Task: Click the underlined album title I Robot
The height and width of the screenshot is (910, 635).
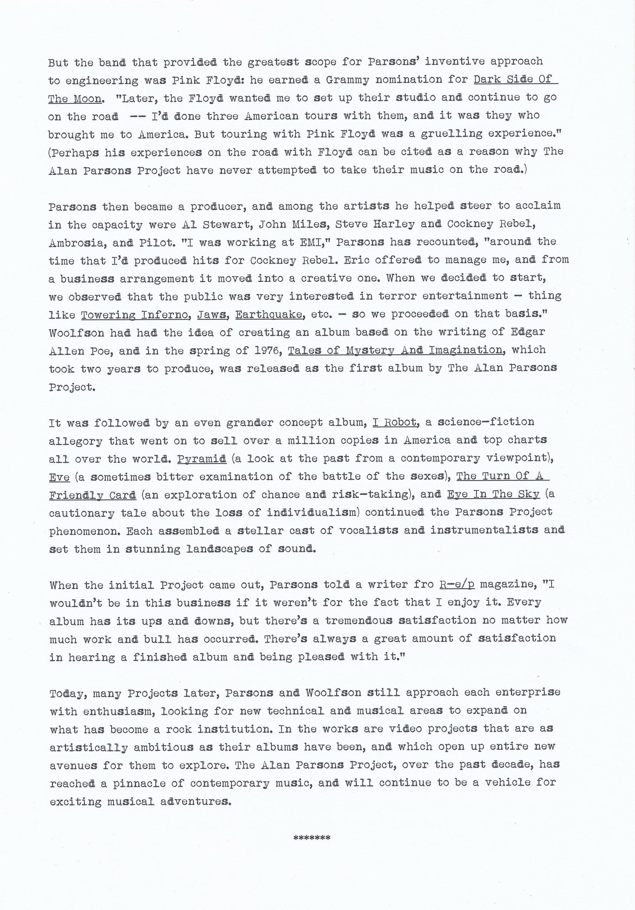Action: click(395, 422)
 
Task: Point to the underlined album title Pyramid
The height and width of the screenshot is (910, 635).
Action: click(201, 458)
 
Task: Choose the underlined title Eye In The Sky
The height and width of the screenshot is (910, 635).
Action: click(493, 494)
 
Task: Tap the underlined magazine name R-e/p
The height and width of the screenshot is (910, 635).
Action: click(457, 585)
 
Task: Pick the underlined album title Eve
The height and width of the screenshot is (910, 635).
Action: click(59, 477)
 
